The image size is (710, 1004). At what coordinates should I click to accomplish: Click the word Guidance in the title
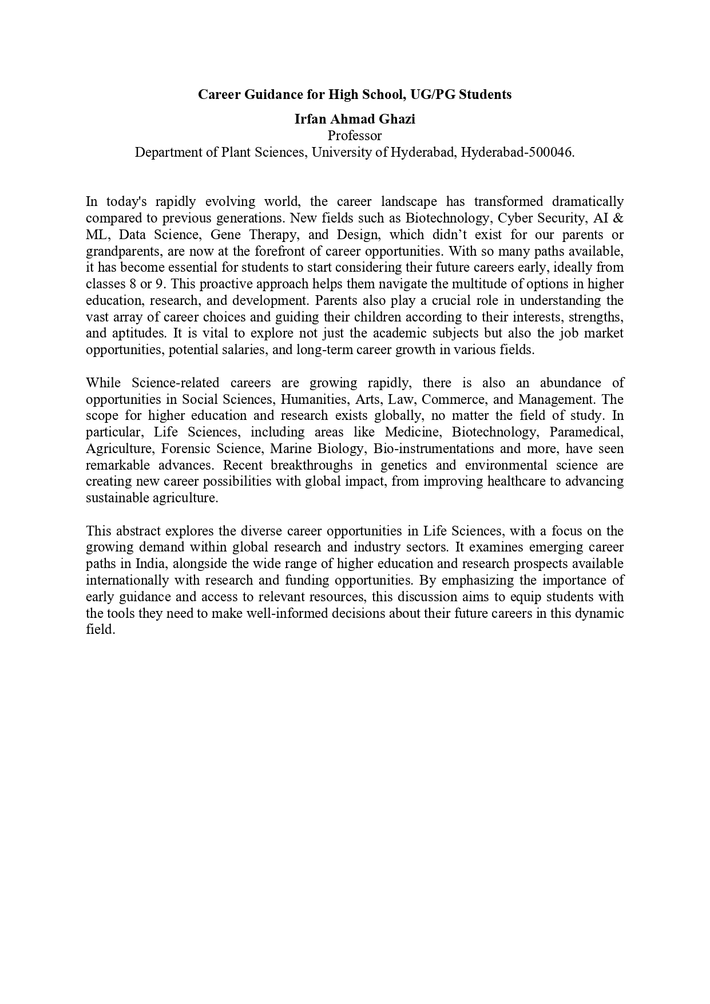[x=272, y=94]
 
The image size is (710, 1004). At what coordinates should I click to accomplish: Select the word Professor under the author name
[x=354, y=136]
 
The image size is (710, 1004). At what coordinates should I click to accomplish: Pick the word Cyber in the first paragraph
[x=515, y=218]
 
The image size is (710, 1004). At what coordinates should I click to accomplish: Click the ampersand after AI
[x=618, y=218]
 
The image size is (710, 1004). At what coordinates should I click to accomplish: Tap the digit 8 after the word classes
[x=132, y=284]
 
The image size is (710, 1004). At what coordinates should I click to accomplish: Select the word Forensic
[x=185, y=449]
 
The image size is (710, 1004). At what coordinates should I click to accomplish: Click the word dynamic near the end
[x=602, y=614]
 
